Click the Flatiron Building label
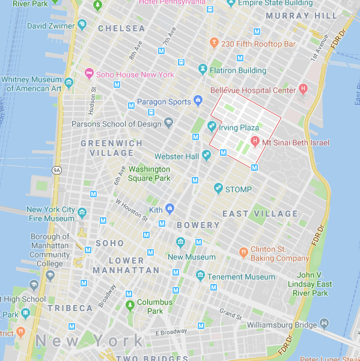[x=237, y=70]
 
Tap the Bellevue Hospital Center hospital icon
[x=304, y=90]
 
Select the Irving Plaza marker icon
[x=212, y=127]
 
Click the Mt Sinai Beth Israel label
[x=296, y=143]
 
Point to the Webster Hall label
[x=176, y=156]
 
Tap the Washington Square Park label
[x=149, y=173]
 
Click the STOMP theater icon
[x=219, y=189]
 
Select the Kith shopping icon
[x=170, y=209]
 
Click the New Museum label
[x=191, y=257]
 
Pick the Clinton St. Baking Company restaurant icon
[x=243, y=251]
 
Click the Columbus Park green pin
[x=130, y=306]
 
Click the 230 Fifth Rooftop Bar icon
[x=213, y=43]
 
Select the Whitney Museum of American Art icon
[x=69, y=83]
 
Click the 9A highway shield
[x=57, y=170]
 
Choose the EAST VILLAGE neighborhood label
[x=260, y=214]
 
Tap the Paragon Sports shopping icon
[x=198, y=101]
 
